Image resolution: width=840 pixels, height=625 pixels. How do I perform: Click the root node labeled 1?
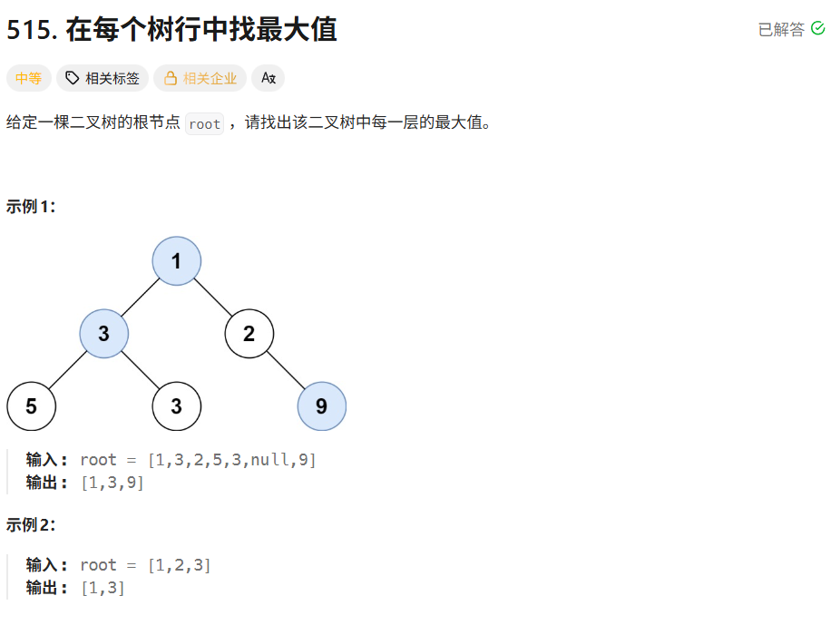coord(176,261)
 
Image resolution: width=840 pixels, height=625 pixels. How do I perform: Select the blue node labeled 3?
coord(104,334)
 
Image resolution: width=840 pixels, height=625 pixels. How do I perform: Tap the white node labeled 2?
coord(249,334)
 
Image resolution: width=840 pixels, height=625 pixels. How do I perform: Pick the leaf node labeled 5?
coord(31,406)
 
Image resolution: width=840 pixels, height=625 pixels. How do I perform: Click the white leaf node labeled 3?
coord(176,406)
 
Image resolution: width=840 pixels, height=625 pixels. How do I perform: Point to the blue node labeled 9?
coord(321,406)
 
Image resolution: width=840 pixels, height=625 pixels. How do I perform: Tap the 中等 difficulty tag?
coord(28,79)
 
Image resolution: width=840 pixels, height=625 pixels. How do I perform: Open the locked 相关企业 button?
coord(200,79)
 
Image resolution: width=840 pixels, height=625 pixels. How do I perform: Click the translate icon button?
coord(268,79)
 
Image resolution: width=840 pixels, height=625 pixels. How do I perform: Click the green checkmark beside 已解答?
coord(817,29)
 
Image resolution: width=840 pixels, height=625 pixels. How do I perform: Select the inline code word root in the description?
coord(204,124)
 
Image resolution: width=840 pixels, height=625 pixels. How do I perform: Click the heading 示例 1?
coord(32,207)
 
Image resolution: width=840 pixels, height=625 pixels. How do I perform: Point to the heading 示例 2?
coord(32,524)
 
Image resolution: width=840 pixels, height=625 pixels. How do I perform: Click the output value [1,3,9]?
coord(112,483)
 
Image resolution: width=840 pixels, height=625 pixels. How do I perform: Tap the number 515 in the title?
coord(32,30)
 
